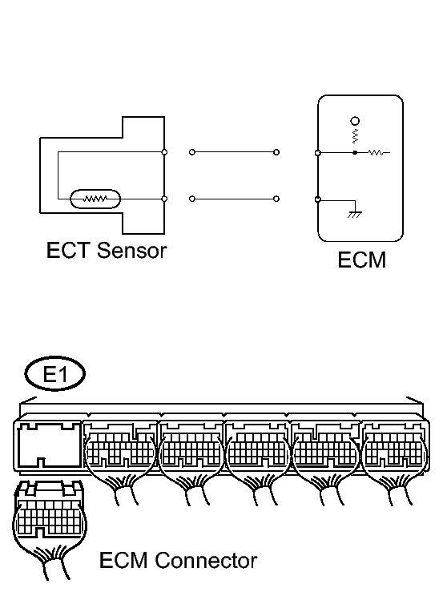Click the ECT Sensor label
pos(107,250)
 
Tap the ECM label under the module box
pos(362,260)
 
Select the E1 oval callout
pos(55,374)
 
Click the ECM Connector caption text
pos(178,560)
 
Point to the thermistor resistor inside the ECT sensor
pos(95,199)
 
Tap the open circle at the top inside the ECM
pos(355,121)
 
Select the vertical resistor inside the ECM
pos(355,136)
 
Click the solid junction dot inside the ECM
pos(355,153)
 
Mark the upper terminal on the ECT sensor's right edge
pos(164,152)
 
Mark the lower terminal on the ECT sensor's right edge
pos(164,199)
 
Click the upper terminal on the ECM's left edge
pos(318,153)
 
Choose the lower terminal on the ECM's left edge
pos(318,199)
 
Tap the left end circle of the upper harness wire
pos(192,152)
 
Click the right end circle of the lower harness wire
pos(276,199)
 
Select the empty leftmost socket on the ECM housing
pos(48,445)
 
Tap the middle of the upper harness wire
pos(234,152)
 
